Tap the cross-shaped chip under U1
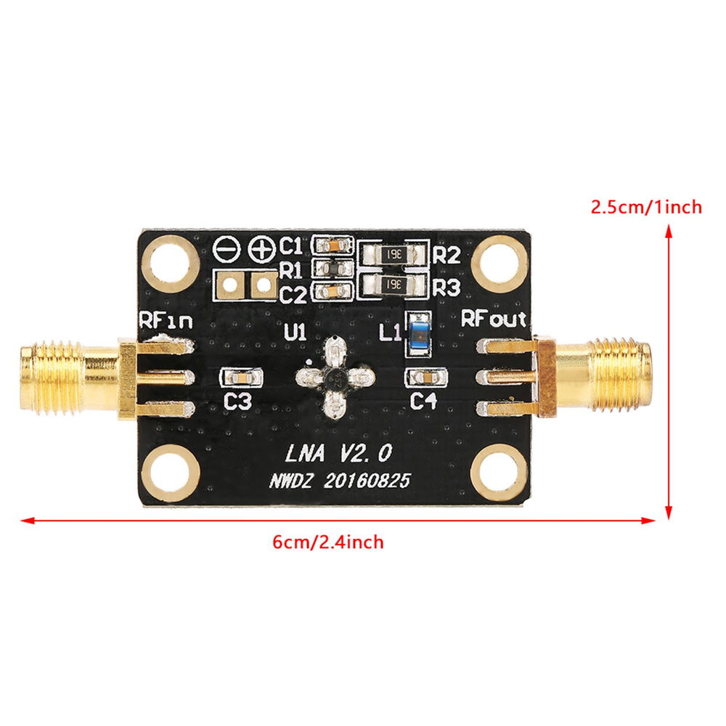pyautogui.click(x=336, y=377)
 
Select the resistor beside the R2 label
pyautogui.click(x=393, y=255)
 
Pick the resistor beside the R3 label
pyautogui.click(x=393, y=284)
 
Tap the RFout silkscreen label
pyautogui.click(x=494, y=319)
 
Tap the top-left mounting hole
pyautogui.click(x=173, y=261)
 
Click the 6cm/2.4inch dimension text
pyautogui.click(x=327, y=542)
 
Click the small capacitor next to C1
pyautogui.click(x=332, y=245)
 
